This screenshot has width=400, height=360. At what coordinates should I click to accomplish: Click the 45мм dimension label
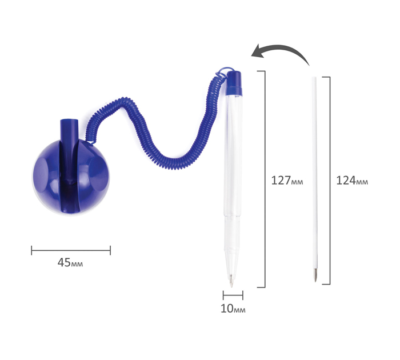tap(70, 262)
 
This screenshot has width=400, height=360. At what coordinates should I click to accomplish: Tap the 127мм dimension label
tap(287, 181)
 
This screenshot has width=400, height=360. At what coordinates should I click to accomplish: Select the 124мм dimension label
tap(352, 181)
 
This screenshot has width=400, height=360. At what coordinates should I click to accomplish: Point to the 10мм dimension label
tap(233, 309)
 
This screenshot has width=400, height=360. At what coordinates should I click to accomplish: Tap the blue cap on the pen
tap(234, 83)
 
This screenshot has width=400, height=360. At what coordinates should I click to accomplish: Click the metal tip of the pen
tap(231, 281)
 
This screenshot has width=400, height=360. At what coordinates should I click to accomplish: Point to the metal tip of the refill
tap(315, 274)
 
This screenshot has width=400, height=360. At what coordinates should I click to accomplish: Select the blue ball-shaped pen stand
tap(71, 176)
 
